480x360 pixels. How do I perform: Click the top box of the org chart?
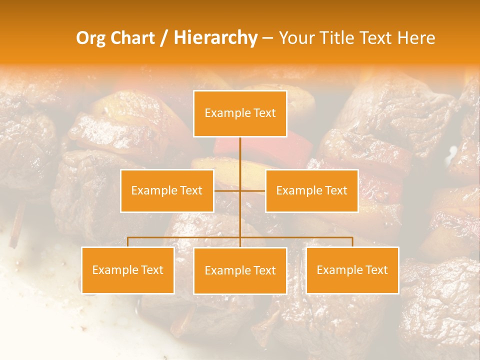[240, 113]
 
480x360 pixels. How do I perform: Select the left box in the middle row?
[167, 190]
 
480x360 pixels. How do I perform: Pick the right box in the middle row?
[311, 190]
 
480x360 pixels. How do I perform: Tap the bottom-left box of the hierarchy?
[128, 270]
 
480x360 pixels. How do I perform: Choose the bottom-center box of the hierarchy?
[240, 270]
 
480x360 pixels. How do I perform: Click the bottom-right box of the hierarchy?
[352, 270]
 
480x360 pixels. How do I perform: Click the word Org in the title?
[90, 38]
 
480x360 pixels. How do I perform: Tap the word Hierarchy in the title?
[215, 38]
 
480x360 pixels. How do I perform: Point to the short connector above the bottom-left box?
[128, 242]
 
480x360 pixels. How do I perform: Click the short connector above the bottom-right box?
[352, 242]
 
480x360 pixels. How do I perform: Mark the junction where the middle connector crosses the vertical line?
[240, 190]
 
